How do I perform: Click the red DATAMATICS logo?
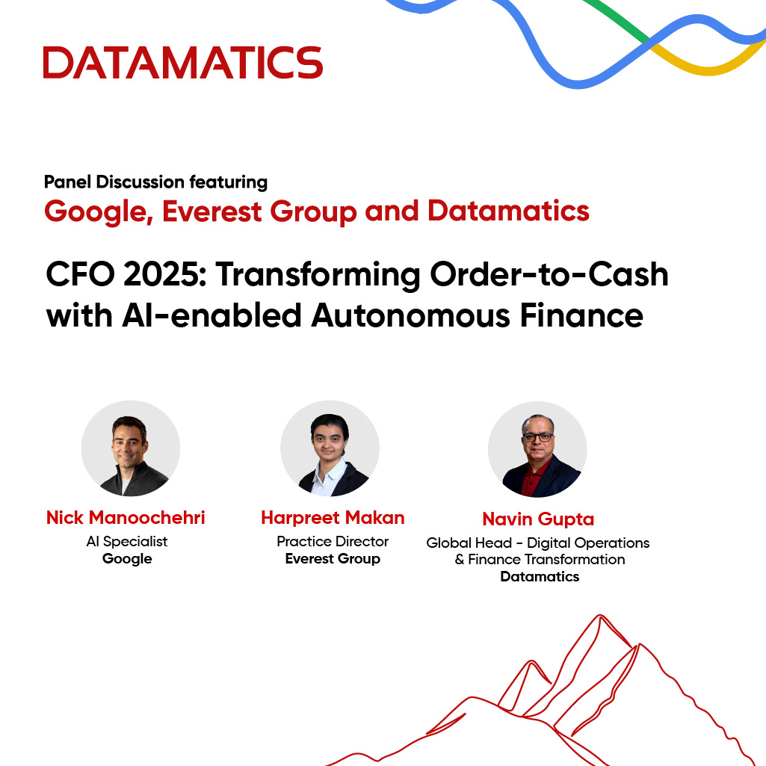[183, 63]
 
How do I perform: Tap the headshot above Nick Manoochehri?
[131, 448]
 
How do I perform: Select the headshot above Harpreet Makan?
[330, 448]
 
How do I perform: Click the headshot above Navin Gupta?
[537, 449]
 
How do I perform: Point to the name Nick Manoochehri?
[126, 517]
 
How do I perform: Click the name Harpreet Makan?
[333, 517]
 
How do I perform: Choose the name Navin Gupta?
[538, 519]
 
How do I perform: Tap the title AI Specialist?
[127, 541]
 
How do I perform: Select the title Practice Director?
[333, 541]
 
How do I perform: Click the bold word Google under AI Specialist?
[127, 559]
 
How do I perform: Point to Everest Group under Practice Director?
[333, 559]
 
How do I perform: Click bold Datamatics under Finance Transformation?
[540, 576]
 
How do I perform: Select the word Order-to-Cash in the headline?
[549, 274]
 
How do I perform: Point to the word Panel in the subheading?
[67, 182]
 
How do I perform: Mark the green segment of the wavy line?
[617, 19]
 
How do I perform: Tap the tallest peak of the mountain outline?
[600, 616]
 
